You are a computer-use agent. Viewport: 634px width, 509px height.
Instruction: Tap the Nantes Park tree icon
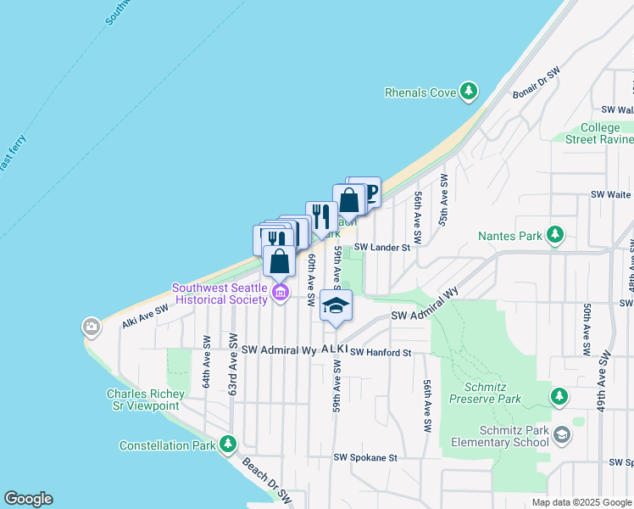(555, 234)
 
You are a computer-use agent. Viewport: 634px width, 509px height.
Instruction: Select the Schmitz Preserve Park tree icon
(559, 396)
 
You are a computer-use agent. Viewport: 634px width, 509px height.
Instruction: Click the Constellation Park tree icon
(227, 445)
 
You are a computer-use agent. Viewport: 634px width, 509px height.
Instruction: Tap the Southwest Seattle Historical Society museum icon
(281, 294)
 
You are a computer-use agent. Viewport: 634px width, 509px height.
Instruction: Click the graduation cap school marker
(336, 305)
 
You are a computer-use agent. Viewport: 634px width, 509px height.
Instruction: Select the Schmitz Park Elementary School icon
(561, 436)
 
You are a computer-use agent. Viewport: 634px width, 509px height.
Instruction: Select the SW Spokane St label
(365, 457)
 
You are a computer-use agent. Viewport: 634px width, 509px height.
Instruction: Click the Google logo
(28, 499)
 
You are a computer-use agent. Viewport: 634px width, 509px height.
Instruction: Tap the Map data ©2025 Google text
(581, 502)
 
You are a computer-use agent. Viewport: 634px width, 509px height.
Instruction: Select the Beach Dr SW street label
(266, 481)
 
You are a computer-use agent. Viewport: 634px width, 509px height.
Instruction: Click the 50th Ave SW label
(586, 329)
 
